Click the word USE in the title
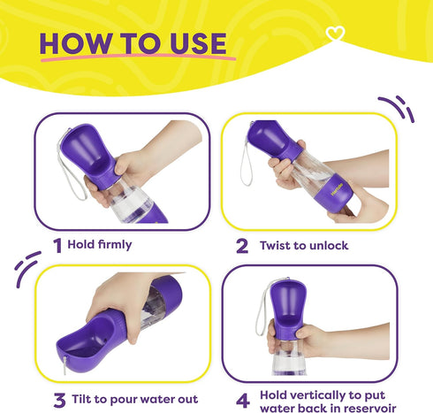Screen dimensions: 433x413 (198, 43)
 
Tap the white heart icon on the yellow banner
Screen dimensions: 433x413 (335, 33)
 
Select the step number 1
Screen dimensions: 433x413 (57, 245)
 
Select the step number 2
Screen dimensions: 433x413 (242, 246)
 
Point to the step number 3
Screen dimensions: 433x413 (59, 401)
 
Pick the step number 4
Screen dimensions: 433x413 (243, 401)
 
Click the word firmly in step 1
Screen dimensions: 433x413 (115, 245)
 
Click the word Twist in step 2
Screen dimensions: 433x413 (275, 246)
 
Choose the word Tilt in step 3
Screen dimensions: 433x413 (81, 399)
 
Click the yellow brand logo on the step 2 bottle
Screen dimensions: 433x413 (337, 189)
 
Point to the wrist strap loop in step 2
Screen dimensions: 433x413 (246, 164)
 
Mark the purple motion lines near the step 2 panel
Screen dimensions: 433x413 (398, 108)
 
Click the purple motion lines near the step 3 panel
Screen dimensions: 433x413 (27, 268)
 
